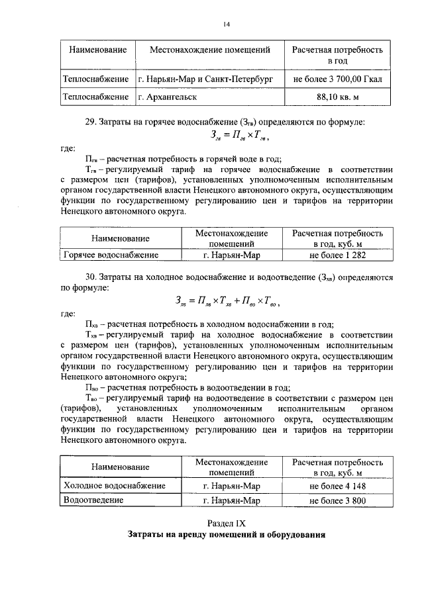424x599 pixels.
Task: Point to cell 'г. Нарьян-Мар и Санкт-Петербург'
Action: pyautogui.click(x=209, y=79)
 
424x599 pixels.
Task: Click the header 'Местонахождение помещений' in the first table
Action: pyautogui.click(x=209, y=50)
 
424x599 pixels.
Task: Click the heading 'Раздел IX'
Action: pyautogui.click(x=226, y=523)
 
